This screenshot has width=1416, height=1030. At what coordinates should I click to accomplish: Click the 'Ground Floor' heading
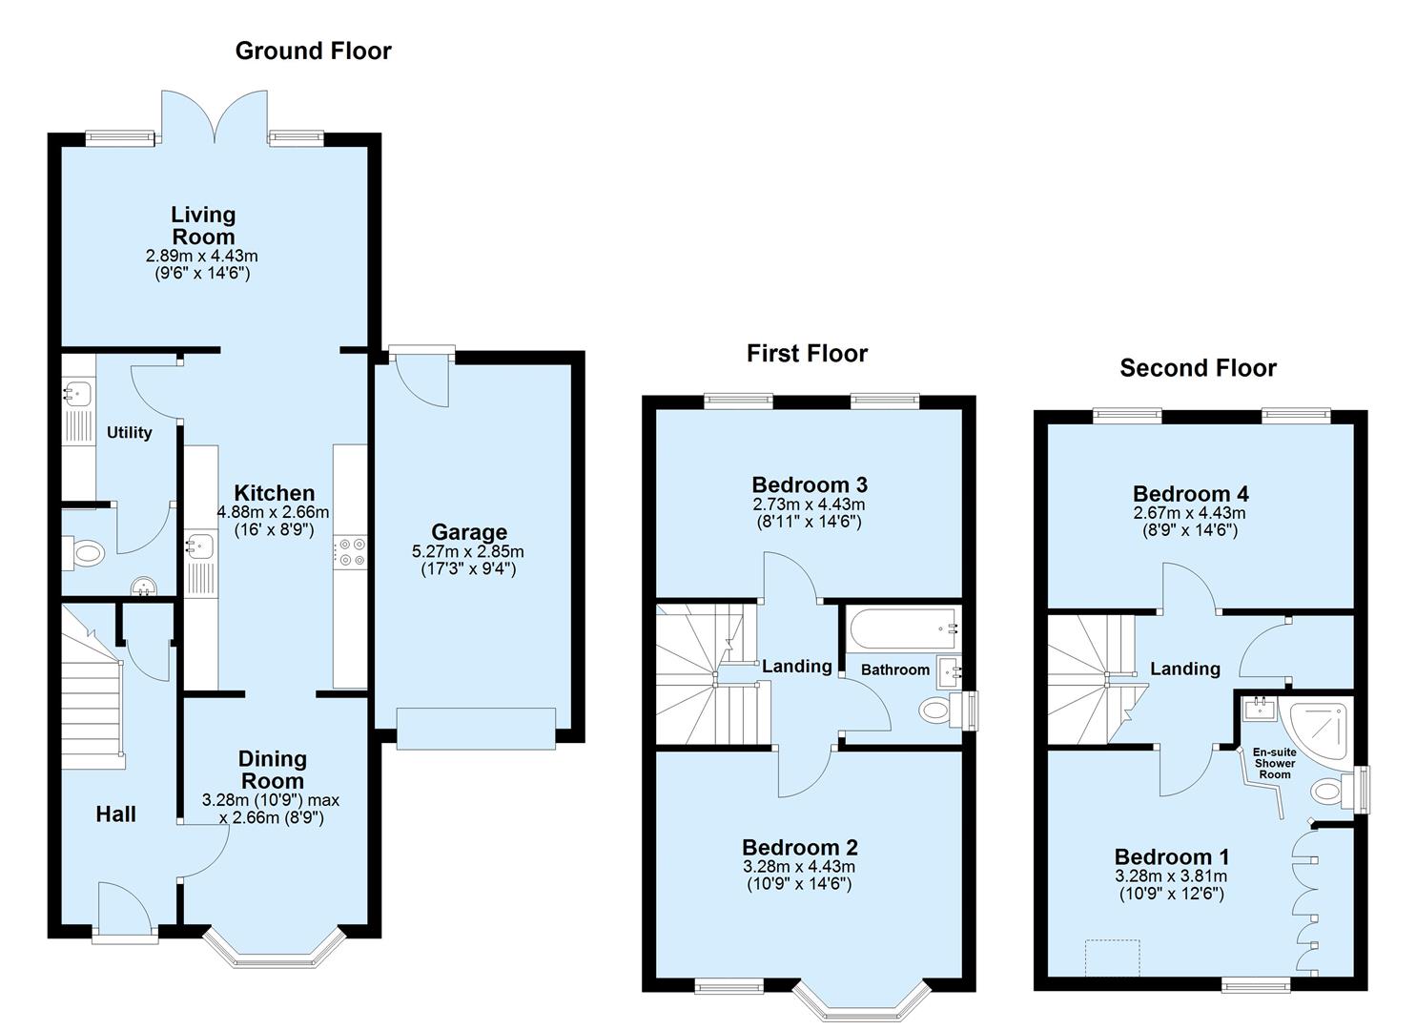313,51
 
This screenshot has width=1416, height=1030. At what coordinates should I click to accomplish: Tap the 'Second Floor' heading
1198,368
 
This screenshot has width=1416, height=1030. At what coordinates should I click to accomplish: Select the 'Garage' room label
468,532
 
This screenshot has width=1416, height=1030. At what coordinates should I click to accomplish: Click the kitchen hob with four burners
349,552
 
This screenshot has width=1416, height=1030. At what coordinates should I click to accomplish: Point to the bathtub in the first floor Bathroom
902,628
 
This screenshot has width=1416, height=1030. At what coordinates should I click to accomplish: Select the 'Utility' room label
129,433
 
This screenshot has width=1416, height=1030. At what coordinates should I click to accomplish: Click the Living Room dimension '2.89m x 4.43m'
202,257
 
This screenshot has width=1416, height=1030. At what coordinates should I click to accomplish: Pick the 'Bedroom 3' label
809,484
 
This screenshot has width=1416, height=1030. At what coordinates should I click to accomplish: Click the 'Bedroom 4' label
1190,494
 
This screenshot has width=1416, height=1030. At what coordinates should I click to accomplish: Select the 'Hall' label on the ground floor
115,814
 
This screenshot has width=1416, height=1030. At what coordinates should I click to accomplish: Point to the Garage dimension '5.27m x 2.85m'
468,552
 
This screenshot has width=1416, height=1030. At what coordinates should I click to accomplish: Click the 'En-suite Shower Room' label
1275,763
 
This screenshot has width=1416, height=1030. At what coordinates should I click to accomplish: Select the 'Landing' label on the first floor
796,667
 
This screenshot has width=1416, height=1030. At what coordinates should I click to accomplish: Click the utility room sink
76,391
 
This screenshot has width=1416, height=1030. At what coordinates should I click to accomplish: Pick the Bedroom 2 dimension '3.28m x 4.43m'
799,867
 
